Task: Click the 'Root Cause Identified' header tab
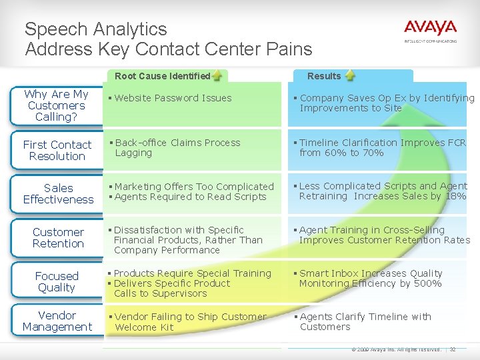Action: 163,76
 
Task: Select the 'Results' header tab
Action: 324,76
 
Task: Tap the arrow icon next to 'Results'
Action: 350,76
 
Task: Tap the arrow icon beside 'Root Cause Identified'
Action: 217,76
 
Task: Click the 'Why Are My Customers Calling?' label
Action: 56,105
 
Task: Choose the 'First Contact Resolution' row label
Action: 57,150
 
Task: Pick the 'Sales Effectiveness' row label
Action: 58,193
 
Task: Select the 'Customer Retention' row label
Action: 58,237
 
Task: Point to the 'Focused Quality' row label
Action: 57,281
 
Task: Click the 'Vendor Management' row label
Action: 57,321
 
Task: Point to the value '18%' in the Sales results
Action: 456,196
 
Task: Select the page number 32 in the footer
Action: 453,349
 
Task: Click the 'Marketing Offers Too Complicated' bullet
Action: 194,187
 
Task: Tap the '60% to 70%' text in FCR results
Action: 351,153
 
